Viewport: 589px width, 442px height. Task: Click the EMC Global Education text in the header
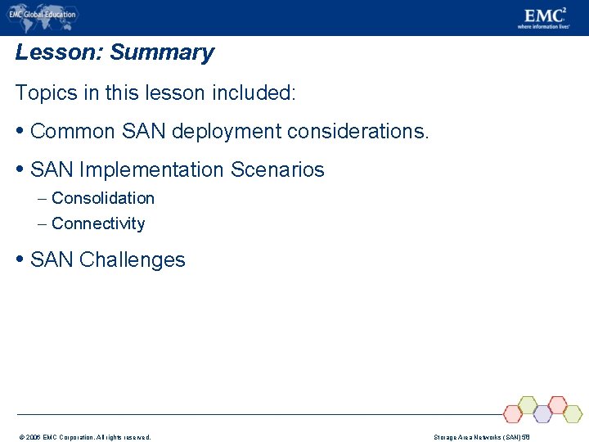pyautogui.click(x=42, y=14)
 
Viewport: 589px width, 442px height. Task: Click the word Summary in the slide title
pyautogui.click(x=162, y=52)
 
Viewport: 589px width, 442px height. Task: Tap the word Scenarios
pyautogui.click(x=277, y=170)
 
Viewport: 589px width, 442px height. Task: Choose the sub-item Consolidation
pyautogui.click(x=102, y=198)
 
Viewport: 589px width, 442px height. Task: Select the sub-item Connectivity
pyautogui.click(x=98, y=223)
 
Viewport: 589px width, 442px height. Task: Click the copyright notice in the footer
pyautogui.click(x=83, y=437)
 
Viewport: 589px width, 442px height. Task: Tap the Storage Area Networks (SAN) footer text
pyautogui.click(x=482, y=437)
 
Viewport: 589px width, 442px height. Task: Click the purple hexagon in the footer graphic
pyautogui.click(x=542, y=414)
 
